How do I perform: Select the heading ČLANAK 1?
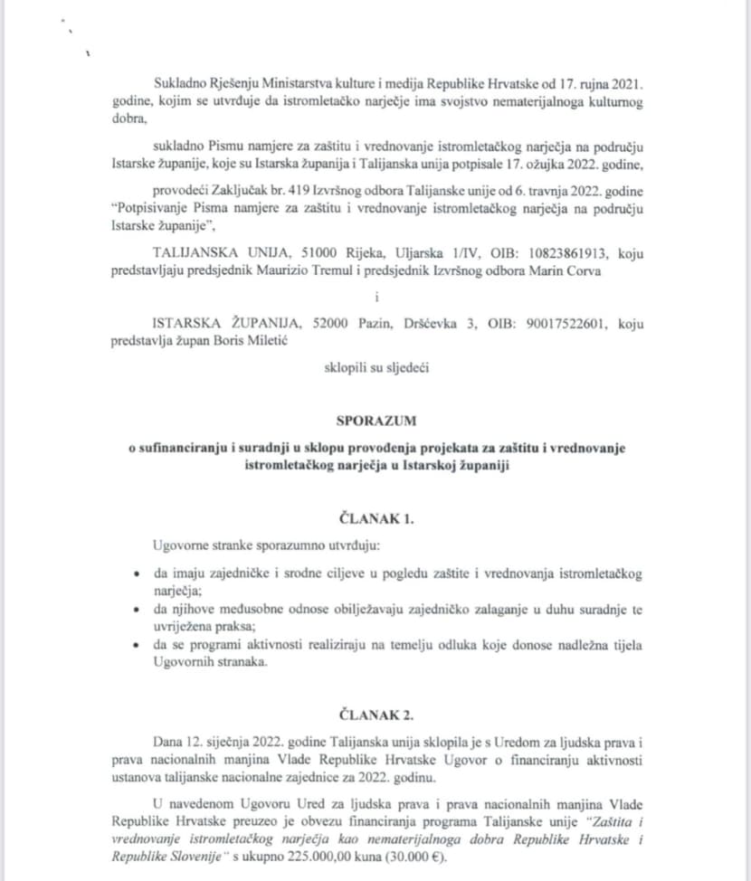click(375, 519)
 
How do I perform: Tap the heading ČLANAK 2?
click(375, 714)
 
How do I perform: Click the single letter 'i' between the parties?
click(375, 297)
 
